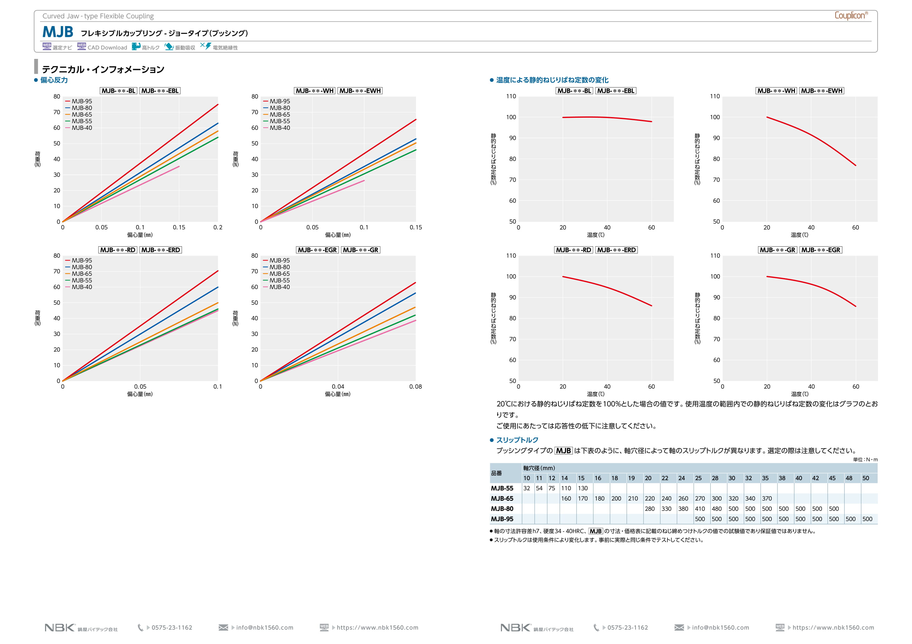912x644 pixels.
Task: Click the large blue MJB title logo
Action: [58, 32]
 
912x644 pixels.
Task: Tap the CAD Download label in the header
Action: [107, 48]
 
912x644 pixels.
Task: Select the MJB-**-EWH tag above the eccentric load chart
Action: [360, 91]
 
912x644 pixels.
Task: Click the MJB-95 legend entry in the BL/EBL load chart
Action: [81, 101]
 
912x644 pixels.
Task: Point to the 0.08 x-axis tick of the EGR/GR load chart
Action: [415, 387]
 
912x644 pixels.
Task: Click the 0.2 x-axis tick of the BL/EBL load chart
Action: [218, 227]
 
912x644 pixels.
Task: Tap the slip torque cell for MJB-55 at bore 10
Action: [527, 488]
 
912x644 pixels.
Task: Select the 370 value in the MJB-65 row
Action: [767, 499]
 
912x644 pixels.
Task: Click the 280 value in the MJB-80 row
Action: [650, 509]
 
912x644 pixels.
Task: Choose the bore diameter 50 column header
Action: [866, 478]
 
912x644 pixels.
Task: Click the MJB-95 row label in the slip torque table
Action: [502, 519]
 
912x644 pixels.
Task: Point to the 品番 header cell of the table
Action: [497, 473]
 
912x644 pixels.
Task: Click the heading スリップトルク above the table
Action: [517, 440]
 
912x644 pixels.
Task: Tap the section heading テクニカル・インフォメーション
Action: [103, 70]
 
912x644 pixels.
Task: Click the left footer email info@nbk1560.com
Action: [265, 628]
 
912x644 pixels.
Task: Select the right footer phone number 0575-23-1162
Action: [628, 628]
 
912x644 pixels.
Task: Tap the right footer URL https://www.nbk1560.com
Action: [833, 628]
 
